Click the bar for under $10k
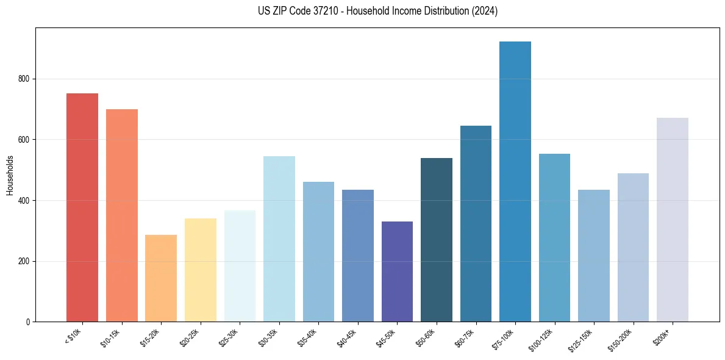(82, 207)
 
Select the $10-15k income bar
(121, 215)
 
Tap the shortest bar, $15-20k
(161, 278)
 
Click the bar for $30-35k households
(279, 239)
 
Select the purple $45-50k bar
(397, 272)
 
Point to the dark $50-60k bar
(437, 240)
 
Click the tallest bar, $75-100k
(515, 181)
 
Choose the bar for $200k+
(673, 220)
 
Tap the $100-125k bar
(554, 237)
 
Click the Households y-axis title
(10, 175)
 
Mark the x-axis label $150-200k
(620, 339)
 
